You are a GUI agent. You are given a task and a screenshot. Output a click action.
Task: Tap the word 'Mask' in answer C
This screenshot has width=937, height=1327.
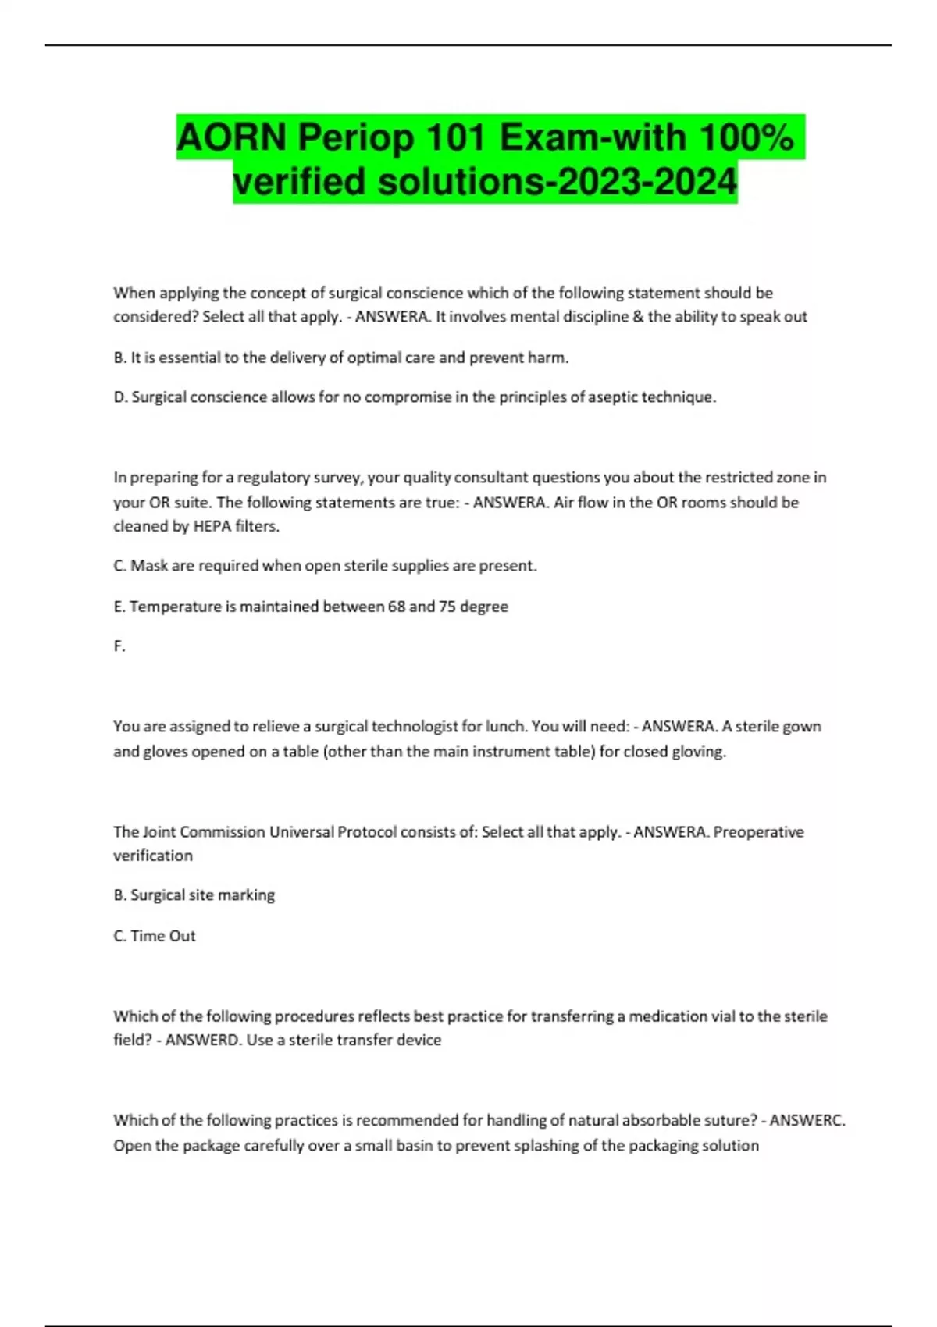coord(149,566)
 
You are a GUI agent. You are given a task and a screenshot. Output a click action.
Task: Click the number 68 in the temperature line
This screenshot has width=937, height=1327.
coord(396,607)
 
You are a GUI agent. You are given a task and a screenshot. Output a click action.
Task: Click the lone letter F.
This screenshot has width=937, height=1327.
coord(119,646)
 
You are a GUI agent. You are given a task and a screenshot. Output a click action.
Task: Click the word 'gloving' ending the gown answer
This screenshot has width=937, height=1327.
coord(701,752)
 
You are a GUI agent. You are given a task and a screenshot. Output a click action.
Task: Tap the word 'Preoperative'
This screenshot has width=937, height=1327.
coord(758,832)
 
